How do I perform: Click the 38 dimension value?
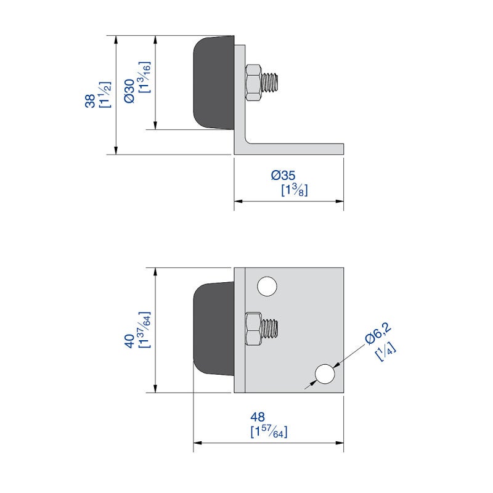[x=90, y=101]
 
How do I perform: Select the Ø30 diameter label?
[x=129, y=91]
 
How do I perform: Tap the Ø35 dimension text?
[x=283, y=175]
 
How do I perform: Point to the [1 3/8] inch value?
[x=295, y=190]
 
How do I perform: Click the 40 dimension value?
[x=129, y=341]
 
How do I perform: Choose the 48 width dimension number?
[x=258, y=417]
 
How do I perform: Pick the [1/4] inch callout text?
[x=386, y=351]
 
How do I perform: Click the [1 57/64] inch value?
[x=269, y=431]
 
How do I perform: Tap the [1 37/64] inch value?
[x=145, y=330]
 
